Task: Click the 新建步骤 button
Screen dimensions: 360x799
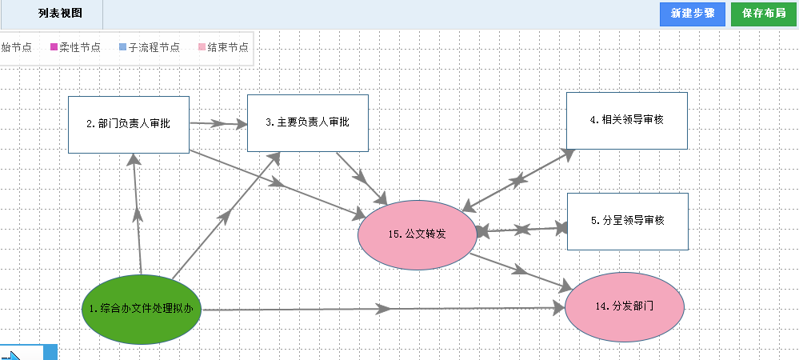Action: pyautogui.click(x=692, y=14)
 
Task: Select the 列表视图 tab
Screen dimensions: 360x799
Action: pyautogui.click(x=59, y=14)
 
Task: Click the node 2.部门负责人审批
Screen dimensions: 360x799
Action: pyautogui.click(x=128, y=124)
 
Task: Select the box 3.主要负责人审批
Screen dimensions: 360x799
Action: pyautogui.click(x=307, y=122)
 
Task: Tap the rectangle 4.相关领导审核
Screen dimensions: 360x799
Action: pyautogui.click(x=626, y=120)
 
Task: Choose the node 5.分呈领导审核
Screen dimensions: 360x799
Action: pyautogui.click(x=627, y=221)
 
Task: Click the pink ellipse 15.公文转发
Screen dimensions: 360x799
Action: pyautogui.click(x=417, y=234)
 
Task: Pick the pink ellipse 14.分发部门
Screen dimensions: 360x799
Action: pyautogui.click(x=625, y=306)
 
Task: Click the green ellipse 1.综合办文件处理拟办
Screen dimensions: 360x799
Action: pyautogui.click(x=142, y=309)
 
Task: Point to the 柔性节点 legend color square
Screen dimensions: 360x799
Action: pyautogui.click(x=54, y=47)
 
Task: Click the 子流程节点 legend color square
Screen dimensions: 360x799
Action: pyautogui.click(x=122, y=47)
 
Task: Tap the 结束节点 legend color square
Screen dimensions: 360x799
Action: pyautogui.click(x=202, y=47)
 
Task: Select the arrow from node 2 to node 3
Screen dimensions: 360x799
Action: pyautogui.click(x=218, y=124)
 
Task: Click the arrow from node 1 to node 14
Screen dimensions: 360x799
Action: pyautogui.click(x=384, y=308)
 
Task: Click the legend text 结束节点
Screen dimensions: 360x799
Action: pyautogui.click(x=227, y=47)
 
